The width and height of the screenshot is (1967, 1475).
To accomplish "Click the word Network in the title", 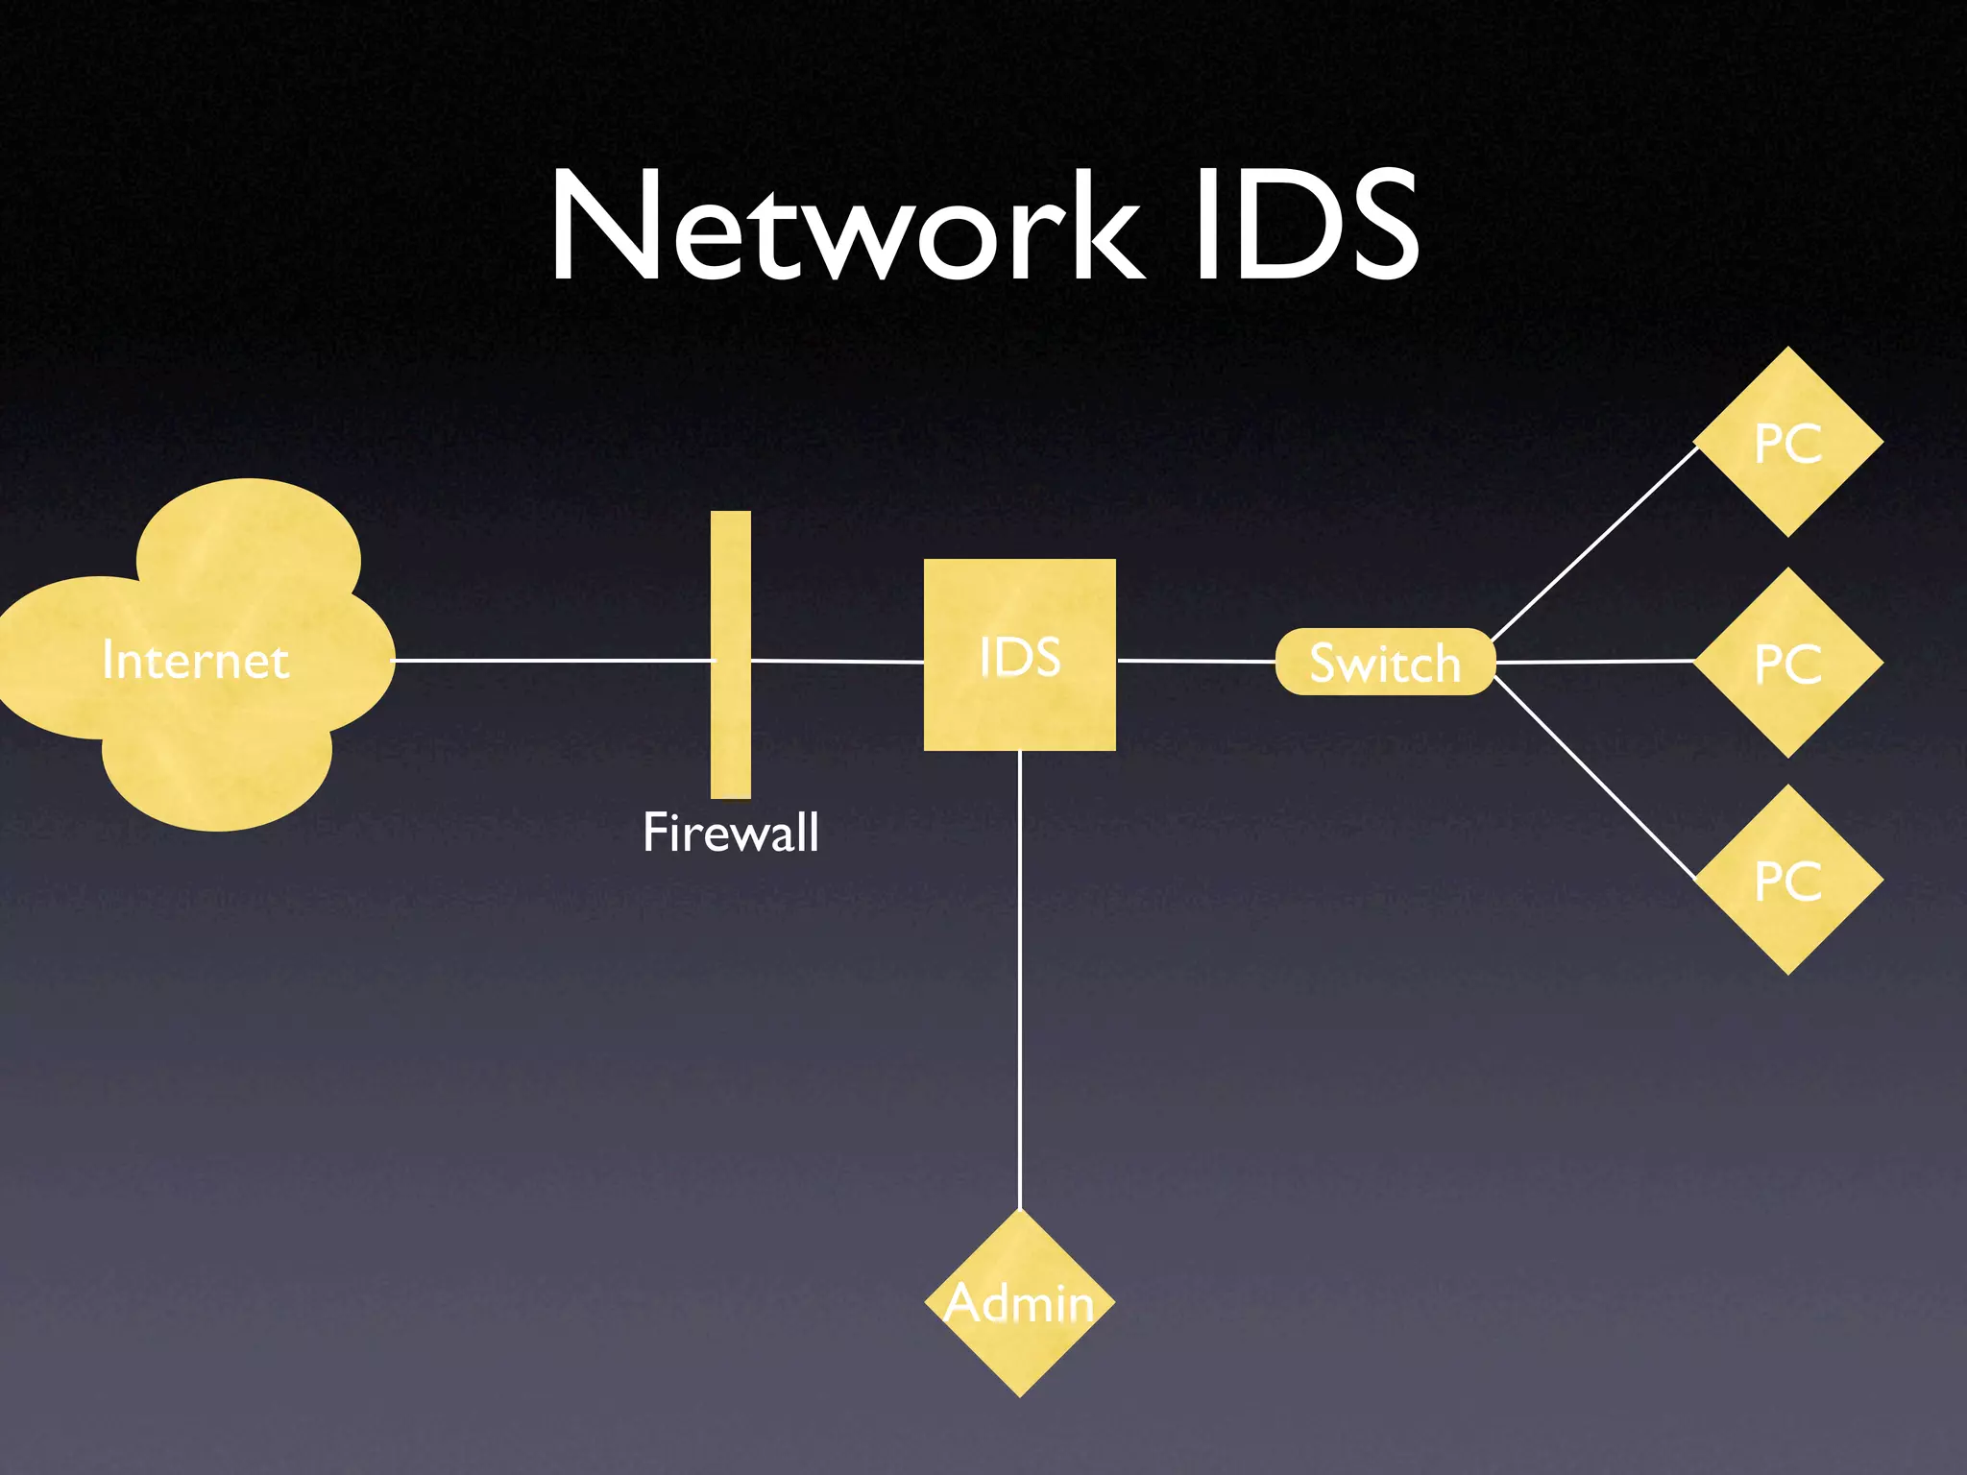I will pos(845,227).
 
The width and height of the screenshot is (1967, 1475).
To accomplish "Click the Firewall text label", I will pos(730,832).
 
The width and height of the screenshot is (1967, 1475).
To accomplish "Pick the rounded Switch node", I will pos(1384,662).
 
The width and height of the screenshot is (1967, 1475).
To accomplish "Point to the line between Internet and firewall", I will pos(552,661).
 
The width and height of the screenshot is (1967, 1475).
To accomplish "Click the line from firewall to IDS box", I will pos(836,662).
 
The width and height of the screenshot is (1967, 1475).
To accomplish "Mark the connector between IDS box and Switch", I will pos(1196,661).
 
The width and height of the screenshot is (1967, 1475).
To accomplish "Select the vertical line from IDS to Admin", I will pos(1019,979).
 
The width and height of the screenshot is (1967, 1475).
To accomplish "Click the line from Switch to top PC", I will pos(1594,544).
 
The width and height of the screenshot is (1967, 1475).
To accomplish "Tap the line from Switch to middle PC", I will pos(1594,662).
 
